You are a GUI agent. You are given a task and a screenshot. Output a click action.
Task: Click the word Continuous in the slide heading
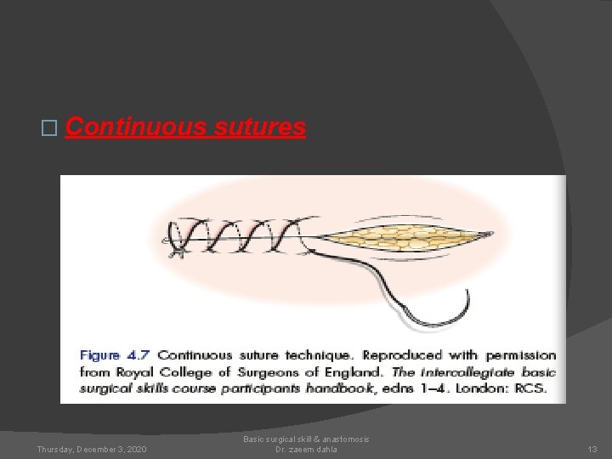pyautogui.click(x=135, y=127)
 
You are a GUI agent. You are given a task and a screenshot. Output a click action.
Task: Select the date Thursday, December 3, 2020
pyautogui.click(x=92, y=449)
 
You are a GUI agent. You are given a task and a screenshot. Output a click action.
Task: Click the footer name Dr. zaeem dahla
pyautogui.click(x=306, y=449)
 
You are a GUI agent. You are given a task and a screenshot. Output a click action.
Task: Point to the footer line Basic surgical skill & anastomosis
pyautogui.click(x=306, y=439)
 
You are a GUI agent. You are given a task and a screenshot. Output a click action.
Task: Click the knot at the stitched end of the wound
pyautogui.click(x=178, y=246)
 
